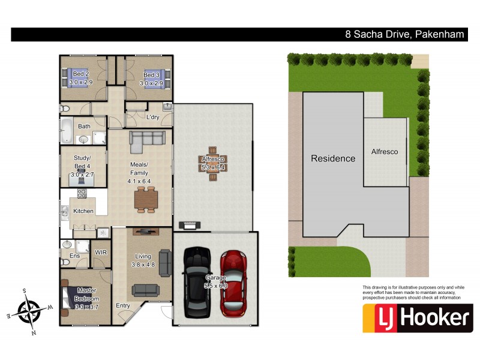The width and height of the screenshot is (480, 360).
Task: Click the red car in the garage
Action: pos(232,283)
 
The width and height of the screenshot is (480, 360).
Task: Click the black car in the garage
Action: pos(197,282)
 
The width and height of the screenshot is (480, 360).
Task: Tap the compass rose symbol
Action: pos(29,311)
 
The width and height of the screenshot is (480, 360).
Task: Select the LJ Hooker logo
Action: pos(418,318)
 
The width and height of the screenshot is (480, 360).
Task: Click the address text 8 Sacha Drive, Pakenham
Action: pos(404,35)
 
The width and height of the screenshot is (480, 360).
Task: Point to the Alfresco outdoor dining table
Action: pos(213,159)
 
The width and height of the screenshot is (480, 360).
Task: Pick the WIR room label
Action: pos(100,253)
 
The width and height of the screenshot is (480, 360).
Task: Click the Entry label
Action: pos(123,305)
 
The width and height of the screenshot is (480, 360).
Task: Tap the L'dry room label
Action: pos(152,117)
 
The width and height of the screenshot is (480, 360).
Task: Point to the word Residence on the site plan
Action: pos(332,159)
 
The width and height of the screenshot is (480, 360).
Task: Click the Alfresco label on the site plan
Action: pos(384,152)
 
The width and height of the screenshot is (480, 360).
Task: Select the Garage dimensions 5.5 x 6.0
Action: pos(215,286)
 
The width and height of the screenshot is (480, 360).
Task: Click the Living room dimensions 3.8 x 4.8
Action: pos(143,265)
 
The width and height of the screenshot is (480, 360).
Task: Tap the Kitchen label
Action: pos(83,211)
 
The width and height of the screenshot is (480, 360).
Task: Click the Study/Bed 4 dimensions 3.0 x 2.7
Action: pos(83,174)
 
